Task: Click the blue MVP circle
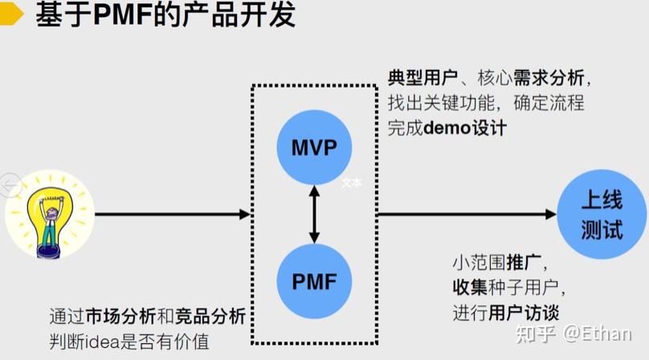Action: tap(314, 149)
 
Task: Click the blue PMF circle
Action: tap(314, 281)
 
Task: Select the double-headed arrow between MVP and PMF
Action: tap(314, 215)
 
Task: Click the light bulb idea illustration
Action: tap(49, 215)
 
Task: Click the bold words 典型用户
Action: tap(422, 78)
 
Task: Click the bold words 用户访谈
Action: tap(524, 312)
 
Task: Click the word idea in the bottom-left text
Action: tap(99, 341)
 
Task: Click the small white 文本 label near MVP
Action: tap(352, 182)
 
